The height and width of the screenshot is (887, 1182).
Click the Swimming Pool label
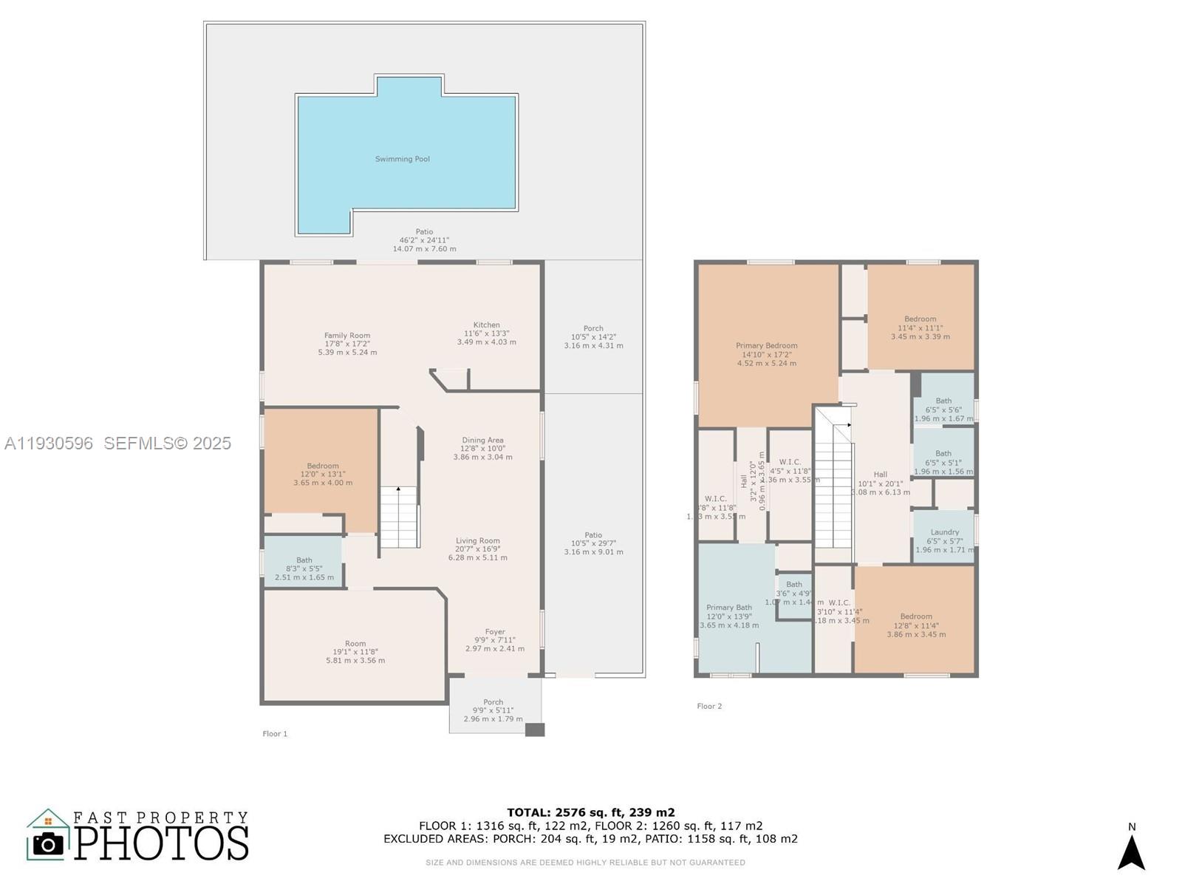pyautogui.click(x=402, y=159)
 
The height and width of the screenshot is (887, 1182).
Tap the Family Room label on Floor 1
pyautogui.click(x=347, y=336)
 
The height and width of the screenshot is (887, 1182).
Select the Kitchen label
pyautogui.click(x=486, y=325)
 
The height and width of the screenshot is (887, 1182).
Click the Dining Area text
pyautogui.click(x=482, y=441)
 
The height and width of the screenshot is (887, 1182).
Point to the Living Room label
pyautogui.click(x=477, y=541)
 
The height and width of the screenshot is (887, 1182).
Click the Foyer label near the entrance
pyautogui.click(x=495, y=632)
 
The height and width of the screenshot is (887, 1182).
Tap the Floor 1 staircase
pyautogui.click(x=399, y=517)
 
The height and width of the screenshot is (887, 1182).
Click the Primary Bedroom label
pyautogui.click(x=766, y=346)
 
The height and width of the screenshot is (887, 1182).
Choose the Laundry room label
pyautogui.click(x=944, y=532)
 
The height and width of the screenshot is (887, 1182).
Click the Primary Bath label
pyautogui.click(x=728, y=608)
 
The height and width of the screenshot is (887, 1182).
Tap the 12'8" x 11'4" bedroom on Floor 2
pyautogui.click(x=916, y=625)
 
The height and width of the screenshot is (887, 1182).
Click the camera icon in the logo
pyautogui.click(x=49, y=843)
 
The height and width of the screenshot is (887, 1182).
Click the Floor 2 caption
pyautogui.click(x=709, y=706)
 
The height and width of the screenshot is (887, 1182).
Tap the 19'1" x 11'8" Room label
pyautogui.click(x=355, y=644)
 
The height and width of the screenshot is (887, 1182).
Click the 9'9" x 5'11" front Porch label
pyautogui.click(x=493, y=702)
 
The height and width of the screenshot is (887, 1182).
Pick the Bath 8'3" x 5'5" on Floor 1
pyautogui.click(x=304, y=560)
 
